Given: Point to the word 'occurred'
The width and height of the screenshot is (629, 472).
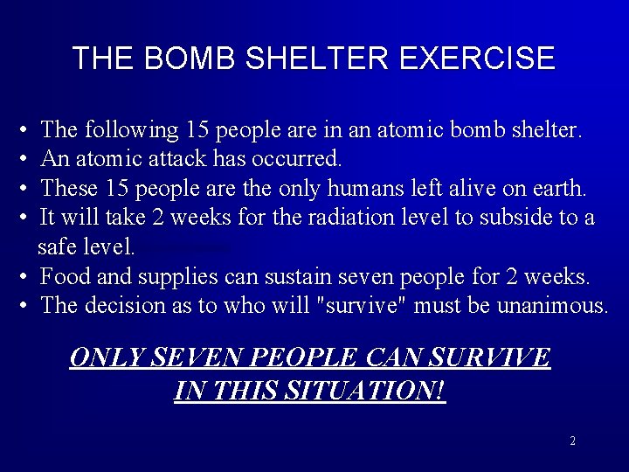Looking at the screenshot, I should [x=296, y=160].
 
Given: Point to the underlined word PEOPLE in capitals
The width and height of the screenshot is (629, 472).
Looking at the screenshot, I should [x=297, y=357].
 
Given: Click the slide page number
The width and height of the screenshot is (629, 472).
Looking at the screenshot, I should [x=572, y=441].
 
